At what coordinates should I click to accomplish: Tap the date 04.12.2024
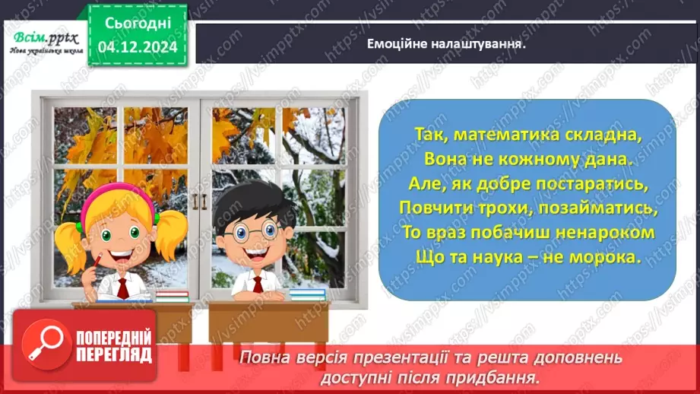pyautogui.click(x=138, y=46)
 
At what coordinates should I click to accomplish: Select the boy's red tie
pyautogui.click(x=258, y=284)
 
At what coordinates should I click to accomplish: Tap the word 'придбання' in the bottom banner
pyautogui.click(x=505, y=377)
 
